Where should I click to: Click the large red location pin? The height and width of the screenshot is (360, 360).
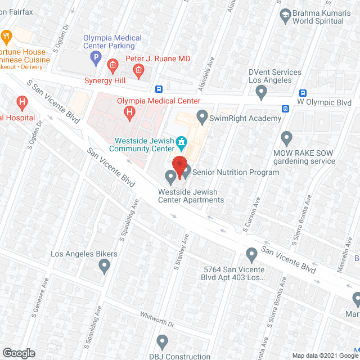[179, 167]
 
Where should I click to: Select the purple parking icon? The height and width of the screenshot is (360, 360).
[96, 57]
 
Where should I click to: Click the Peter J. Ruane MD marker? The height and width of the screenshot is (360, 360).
[138, 70]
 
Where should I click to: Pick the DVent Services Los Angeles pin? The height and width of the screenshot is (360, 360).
[260, 91]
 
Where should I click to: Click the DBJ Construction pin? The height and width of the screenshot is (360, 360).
[163, 341]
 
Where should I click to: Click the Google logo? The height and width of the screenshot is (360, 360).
[18, 353]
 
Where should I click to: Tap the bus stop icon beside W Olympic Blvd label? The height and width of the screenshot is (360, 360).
[285, 109]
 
